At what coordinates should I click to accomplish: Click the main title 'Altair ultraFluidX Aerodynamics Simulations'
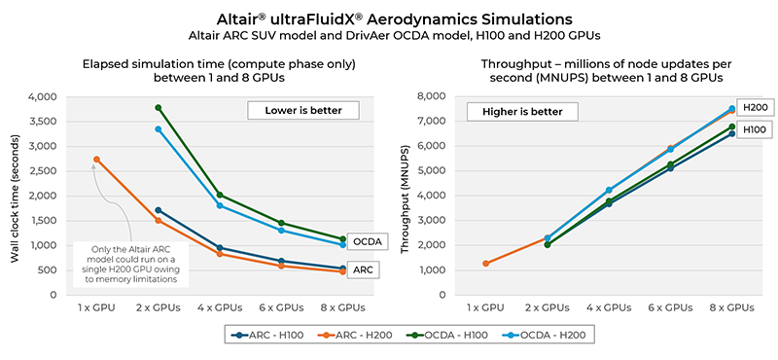coord(389,18)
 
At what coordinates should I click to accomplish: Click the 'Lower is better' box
coord(303,110)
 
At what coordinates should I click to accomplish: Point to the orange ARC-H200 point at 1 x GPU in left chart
coord(95,160)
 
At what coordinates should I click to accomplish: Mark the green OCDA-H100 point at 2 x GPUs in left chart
coord(159,108)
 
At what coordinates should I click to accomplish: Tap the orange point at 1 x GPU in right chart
coord(485,263)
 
